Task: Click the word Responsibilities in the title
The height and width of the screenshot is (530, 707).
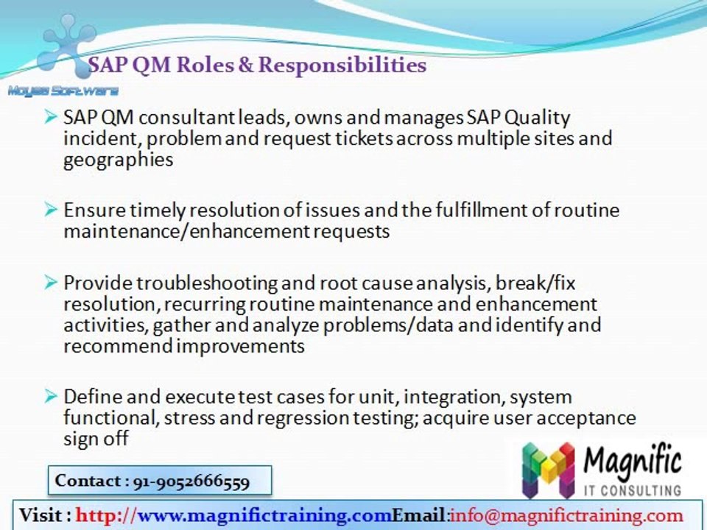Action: (342, 66)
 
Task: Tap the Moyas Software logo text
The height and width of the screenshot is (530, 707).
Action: (63, 91)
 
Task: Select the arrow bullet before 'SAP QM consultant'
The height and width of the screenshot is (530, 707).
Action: (51, 117)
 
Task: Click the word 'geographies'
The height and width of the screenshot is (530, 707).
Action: (118, 160)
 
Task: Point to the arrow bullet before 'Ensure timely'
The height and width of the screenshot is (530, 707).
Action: (51, 210)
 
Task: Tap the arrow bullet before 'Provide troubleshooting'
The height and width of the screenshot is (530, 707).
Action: (51, 283)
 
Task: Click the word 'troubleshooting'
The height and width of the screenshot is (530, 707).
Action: (207, 283)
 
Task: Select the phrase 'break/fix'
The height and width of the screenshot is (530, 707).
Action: (535, 283)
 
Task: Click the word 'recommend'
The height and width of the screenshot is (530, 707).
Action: (118, 346)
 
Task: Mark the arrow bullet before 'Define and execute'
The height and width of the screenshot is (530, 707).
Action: (51, 396)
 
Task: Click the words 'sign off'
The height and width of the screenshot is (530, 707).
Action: (96, 439)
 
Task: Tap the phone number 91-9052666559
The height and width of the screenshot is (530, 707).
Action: (191, 481)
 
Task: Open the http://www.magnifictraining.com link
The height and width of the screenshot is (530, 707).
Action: (233, 515)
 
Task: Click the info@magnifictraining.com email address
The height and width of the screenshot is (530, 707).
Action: (566, 515)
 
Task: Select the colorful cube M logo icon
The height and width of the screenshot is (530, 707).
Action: (548, 470)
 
